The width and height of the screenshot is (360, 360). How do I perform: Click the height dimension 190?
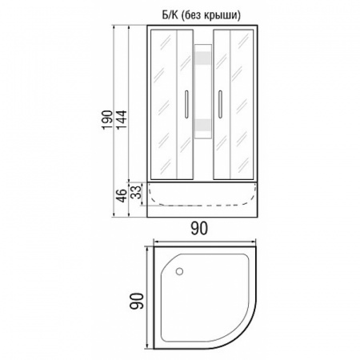click(x=107, y=119)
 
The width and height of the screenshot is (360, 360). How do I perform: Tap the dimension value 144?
click(x=122, y=119)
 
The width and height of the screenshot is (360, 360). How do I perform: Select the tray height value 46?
click(x=122, y=195)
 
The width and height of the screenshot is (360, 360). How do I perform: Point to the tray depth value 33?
click(x=136, y=192)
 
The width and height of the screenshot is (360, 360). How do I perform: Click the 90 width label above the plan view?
click(x=199, y=229)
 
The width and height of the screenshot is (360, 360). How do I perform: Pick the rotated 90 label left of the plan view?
click(x=136, y=301)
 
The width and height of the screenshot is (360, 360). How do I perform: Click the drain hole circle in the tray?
click(x=179, y=271)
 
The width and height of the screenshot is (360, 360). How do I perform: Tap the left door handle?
click(x=186, y=104)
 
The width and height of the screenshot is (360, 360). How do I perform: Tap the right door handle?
click(x=220, y=104)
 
